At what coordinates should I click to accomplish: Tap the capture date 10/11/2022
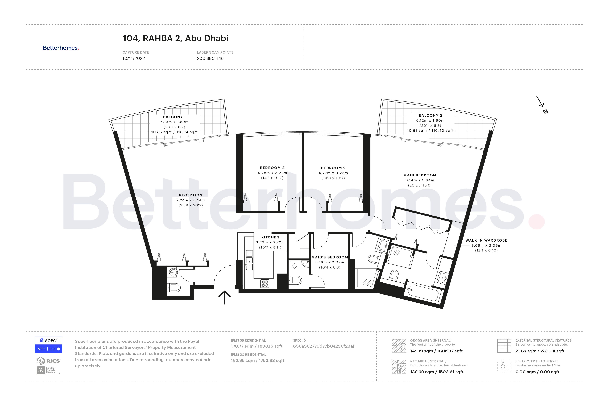(x=134, y=58)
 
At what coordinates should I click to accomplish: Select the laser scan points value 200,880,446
(x=210, y=58)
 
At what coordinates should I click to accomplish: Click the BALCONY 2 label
(x=430, y=116)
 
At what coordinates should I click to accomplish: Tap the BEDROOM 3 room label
(x=272, y=168)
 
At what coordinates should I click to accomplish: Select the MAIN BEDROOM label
(x=420, y=175)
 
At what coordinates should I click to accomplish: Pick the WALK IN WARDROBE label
(x=486, y=240)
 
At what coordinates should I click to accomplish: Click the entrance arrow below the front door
(x=224, y=297)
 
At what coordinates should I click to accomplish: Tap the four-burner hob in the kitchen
(x=265, y=284)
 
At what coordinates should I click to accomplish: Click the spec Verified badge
(x=48, y=345)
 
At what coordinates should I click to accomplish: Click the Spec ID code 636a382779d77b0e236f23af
(x=323, y=346)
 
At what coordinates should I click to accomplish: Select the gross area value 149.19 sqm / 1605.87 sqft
(x=436, y=351)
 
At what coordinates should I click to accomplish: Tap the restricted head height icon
(x=504, y=366)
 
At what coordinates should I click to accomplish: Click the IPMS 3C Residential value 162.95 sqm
(x=257, y=360)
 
